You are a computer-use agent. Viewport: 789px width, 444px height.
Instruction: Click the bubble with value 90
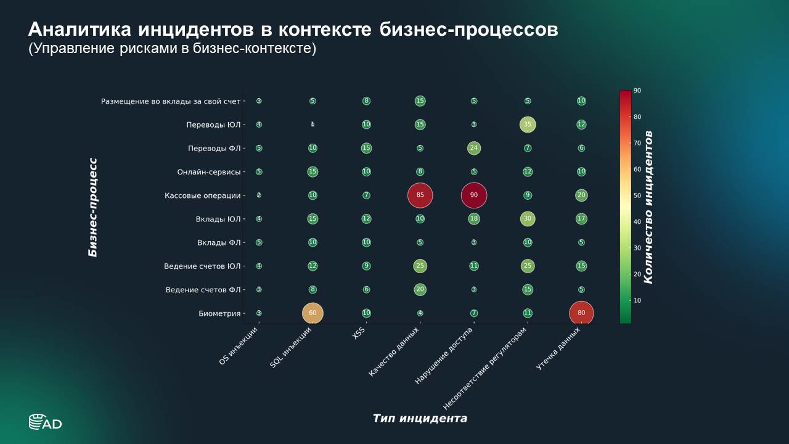coord(473,195)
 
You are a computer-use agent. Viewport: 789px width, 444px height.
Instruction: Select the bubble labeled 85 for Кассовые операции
coord(420,195)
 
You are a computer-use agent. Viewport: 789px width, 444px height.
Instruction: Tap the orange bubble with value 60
coord(313,313)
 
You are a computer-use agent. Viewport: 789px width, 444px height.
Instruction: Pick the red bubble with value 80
coord(581,313)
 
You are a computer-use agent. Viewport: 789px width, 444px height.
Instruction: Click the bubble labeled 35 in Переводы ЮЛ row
coord(527,125)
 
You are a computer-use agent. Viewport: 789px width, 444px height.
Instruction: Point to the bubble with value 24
coord(473,148)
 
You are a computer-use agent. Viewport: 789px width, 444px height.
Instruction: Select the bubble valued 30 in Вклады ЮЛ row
coord(527,219)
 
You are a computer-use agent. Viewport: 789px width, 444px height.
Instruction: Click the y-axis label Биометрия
coord(219,313)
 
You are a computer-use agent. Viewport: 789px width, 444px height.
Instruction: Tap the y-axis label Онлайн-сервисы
coord(209,172)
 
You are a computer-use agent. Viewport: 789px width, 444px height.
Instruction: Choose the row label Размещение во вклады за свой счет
coord(171,101)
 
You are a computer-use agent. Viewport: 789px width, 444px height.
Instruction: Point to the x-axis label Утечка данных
coord(558,349)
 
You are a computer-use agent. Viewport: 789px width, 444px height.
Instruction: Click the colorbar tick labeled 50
coord(637,195)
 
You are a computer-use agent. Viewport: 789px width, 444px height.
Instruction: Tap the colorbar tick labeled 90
coord(637,91)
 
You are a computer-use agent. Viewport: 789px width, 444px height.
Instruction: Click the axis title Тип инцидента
coord(420,419)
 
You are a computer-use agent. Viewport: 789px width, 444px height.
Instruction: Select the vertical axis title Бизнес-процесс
coord(93,207)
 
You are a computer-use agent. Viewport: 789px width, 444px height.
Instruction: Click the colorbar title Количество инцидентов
coord(648,207)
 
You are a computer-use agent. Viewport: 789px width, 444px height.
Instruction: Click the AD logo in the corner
coord(45,422)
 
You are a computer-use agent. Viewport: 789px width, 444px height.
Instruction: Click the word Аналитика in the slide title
coord(80,30)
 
